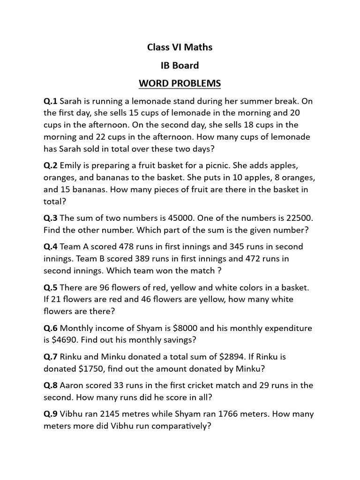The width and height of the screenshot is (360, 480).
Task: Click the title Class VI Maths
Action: click(x=180, y=47)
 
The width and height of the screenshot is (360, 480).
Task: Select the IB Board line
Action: click(x=180, y=65)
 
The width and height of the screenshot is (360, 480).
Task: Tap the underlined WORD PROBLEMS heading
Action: click(x=180, y=83)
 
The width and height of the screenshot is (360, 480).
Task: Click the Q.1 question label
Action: click(x=50, y=101)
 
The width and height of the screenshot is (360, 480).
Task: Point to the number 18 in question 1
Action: click(x=240, y=125)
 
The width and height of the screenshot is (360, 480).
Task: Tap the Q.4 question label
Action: click(x=50, y=247)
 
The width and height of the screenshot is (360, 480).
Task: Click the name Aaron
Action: click(x=73, y=386)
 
